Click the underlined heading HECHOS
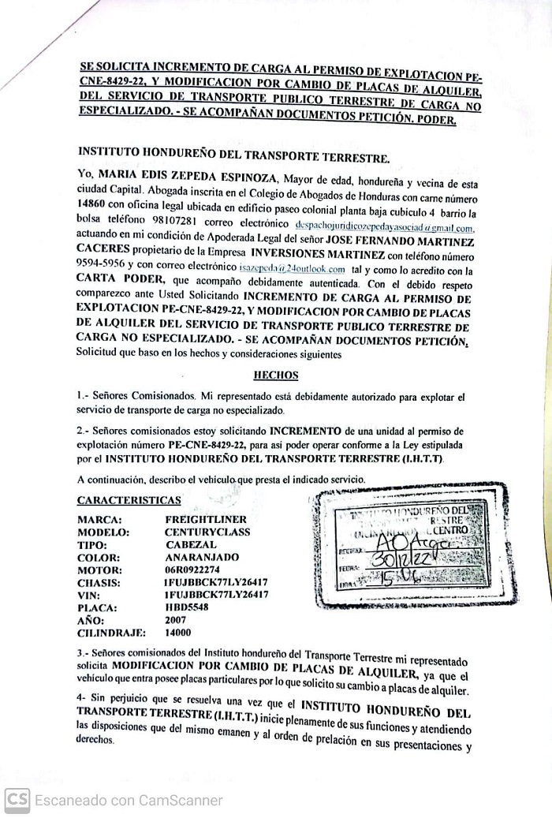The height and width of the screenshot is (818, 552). tap(275, 376)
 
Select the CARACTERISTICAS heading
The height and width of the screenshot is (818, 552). tap(129, 499)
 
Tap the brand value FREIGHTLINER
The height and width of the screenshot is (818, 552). tap(206, 520)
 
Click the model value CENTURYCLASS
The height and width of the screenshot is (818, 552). tap(207, 532)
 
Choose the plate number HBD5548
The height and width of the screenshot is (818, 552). tap(188, 607)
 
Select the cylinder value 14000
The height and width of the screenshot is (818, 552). tap(177, 633)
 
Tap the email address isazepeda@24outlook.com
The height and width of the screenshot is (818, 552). tap(293, 268)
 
